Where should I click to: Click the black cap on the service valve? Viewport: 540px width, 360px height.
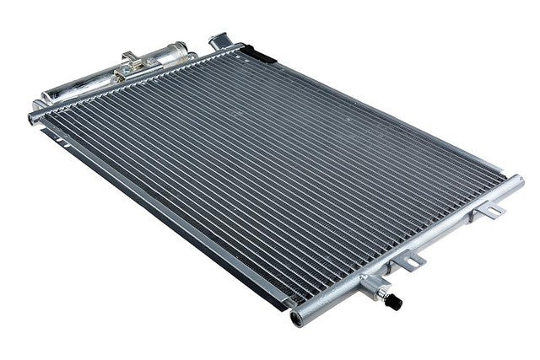point(395,302)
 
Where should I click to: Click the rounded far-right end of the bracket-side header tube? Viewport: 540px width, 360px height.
point(516,181)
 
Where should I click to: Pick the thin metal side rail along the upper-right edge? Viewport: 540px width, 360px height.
point(380,110)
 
